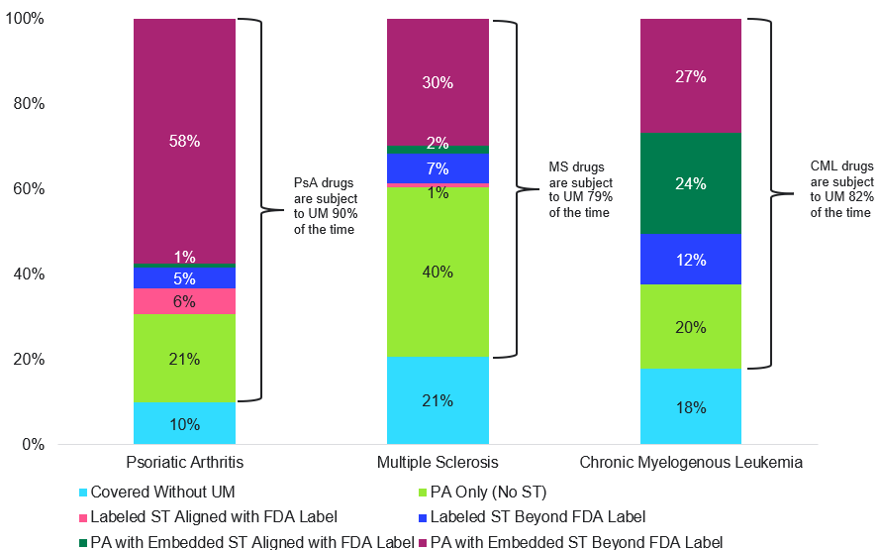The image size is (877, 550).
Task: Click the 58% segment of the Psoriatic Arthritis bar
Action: tap(184, 141)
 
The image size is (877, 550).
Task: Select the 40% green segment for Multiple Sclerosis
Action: tap(438, 272)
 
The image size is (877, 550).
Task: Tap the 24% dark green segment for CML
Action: tap(691, 182)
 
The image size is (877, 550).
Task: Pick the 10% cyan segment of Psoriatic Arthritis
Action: tap(184, 423)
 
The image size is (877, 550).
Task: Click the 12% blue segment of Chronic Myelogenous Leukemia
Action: tap(691, 260)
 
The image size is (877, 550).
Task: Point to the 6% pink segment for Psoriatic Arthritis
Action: tap(184, 301)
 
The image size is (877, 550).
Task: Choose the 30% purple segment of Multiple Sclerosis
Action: tap(438, 82)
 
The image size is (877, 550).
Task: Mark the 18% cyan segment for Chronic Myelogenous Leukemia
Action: tap(691, 406)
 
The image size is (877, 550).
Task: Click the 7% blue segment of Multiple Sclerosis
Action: tap(438, 168)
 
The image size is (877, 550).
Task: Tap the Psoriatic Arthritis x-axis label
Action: tap(185, 463)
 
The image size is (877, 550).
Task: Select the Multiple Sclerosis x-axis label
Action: tap(438, 463)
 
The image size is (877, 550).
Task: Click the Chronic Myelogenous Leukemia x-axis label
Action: tap(691, 463)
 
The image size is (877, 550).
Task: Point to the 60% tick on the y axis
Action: tap(29, 189)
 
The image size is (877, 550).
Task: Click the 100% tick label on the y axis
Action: tap(25, 19)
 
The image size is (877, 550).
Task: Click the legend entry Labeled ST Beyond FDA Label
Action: tap(538, 516)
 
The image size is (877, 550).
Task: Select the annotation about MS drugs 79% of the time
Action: tap(580, 190)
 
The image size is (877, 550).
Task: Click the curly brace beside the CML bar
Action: tap(762, 193)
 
